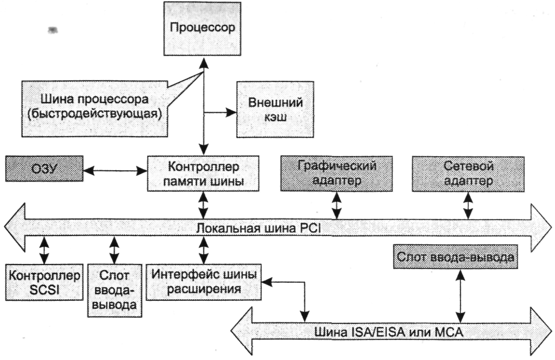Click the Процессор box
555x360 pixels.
point(202,29)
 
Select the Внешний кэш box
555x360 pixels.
point(275,109)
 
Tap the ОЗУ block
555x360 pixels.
point(44,169)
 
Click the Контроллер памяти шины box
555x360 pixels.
point(203,173)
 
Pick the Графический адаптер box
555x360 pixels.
point(336,173)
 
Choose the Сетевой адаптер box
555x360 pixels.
point(468,173)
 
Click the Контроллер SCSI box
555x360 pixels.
point(44,282)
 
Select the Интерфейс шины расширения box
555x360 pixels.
point(203,282)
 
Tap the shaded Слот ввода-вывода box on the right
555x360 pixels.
point(455,257)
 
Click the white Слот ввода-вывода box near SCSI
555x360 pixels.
point(114,290)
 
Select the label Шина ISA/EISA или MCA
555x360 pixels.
point(389,332)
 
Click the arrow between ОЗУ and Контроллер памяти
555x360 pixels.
point(115,171)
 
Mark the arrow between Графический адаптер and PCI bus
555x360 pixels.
point(336,205)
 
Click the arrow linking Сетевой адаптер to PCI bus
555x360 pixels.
point(468,205)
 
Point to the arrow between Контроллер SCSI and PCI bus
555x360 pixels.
point(44,250)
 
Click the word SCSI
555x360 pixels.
point(44,290)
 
